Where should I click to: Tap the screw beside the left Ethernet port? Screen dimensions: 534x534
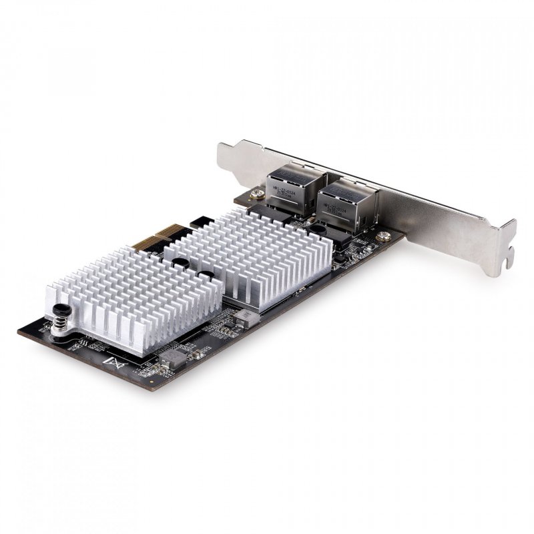(x=256, y=195)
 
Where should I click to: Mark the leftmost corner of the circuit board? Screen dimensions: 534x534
(x=18, y=332)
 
